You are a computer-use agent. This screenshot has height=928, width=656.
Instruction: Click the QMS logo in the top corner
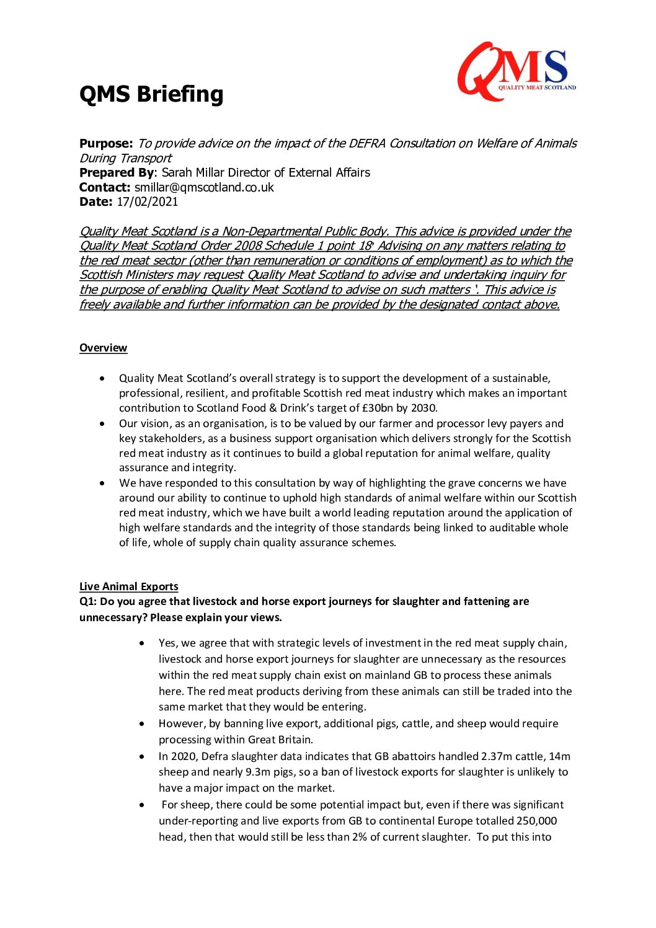click(x=516, y=71)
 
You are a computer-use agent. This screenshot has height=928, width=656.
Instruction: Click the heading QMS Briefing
click(x=151, y=94)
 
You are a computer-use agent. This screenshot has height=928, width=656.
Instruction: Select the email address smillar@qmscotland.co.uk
click(x=204, y=187)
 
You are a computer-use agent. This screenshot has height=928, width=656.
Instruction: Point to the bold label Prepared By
click(x=116, y=172)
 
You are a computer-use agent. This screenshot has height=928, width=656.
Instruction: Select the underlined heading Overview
click(x=103, y=348)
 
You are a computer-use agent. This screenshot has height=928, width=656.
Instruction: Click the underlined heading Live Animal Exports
click(x=128, y=586)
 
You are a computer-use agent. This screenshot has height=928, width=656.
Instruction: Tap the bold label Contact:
click(x=105, y=187)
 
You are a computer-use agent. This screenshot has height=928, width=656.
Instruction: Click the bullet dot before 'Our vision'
click(x=102, y=424)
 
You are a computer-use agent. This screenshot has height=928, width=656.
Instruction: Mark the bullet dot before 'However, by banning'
click(x=143, y=723)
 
